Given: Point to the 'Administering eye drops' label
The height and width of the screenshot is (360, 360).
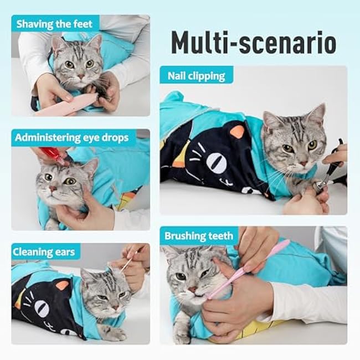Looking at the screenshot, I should click(72, 137).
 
